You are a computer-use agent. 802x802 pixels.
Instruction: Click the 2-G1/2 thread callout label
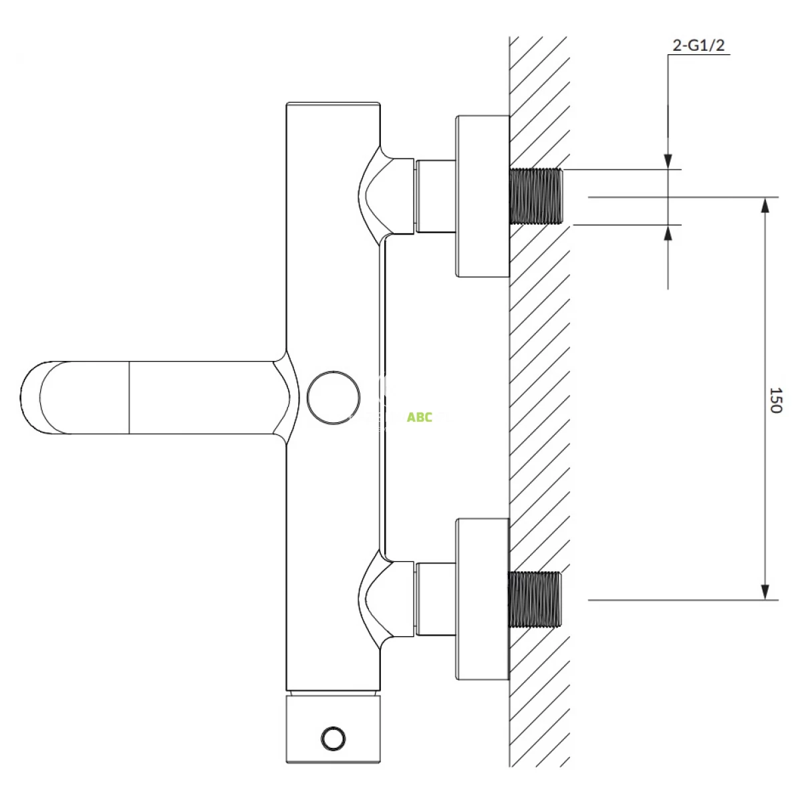699,45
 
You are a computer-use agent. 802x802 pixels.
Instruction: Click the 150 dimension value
776,400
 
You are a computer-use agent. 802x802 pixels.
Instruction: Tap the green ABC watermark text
419,417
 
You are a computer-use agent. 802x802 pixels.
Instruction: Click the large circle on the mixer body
333,398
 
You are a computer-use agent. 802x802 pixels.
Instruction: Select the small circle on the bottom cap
333,739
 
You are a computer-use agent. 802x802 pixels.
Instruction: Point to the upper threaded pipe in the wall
535,196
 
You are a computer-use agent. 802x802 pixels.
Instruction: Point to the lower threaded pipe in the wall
535,599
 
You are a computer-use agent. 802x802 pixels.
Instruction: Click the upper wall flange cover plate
483,196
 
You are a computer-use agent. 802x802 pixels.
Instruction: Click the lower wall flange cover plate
483,599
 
